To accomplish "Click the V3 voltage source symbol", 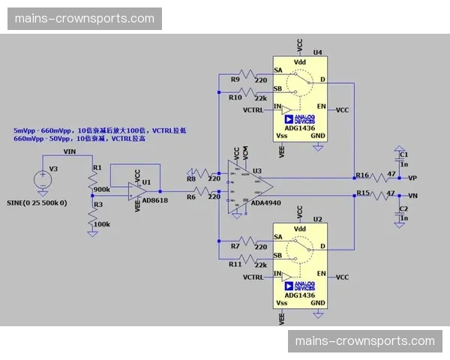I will point(43,179).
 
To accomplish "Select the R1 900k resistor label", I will point(97,168).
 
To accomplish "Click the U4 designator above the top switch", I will point(318,52).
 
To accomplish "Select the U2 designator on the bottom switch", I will point(317,218).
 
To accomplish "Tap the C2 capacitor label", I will point(403,208).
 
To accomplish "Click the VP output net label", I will point(412,178).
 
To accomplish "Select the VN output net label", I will point(412,195).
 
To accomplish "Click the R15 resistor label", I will point(362,192).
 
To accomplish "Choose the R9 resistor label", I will point(235,79).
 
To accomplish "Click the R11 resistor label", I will point(235,264).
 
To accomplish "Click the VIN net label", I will point(70,152).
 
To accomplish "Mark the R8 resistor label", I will point(190,178).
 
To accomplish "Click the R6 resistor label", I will point(190,196).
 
